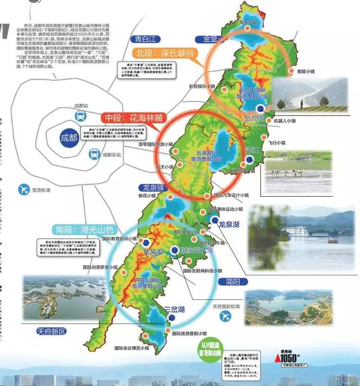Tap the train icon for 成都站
coord(80,116)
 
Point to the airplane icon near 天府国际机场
coord(226,316)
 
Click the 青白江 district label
coord(143,39)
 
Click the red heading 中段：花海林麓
coord(132,119)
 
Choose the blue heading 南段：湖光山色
coord(85,230)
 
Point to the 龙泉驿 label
coord(153,188)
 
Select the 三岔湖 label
coord(177,309)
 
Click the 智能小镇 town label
coord(300,71)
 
